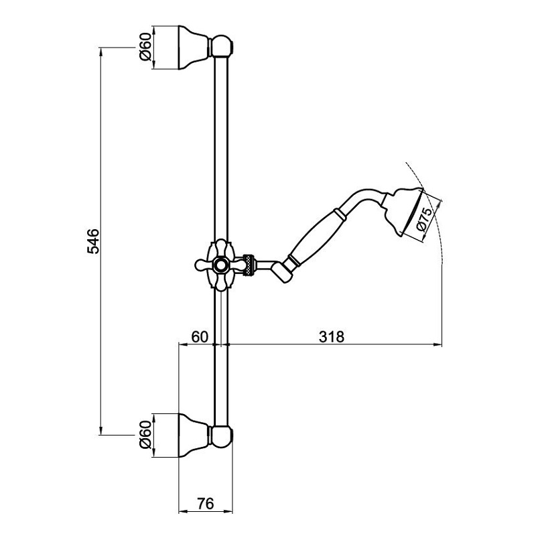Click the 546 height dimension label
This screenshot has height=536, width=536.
(x=93, y=241)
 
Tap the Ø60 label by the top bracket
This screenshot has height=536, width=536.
(x=145, y=47)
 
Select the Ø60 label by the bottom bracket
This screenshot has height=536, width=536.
(x=145, y=435)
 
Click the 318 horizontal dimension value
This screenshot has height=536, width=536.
(x=331, y=337)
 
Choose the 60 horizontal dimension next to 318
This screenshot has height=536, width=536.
(x=200, y=337)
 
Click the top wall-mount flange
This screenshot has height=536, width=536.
(x=194, y=48)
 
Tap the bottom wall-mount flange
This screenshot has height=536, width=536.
(x=194, y=435)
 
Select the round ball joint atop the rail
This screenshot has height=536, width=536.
(x=222, y=46)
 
